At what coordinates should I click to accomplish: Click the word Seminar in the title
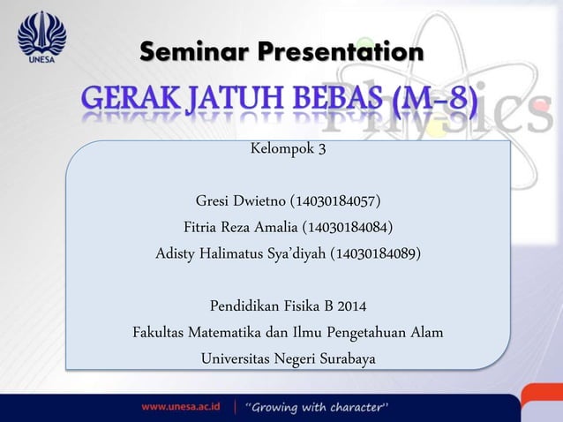190,53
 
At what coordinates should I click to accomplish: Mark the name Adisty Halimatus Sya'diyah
240,254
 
